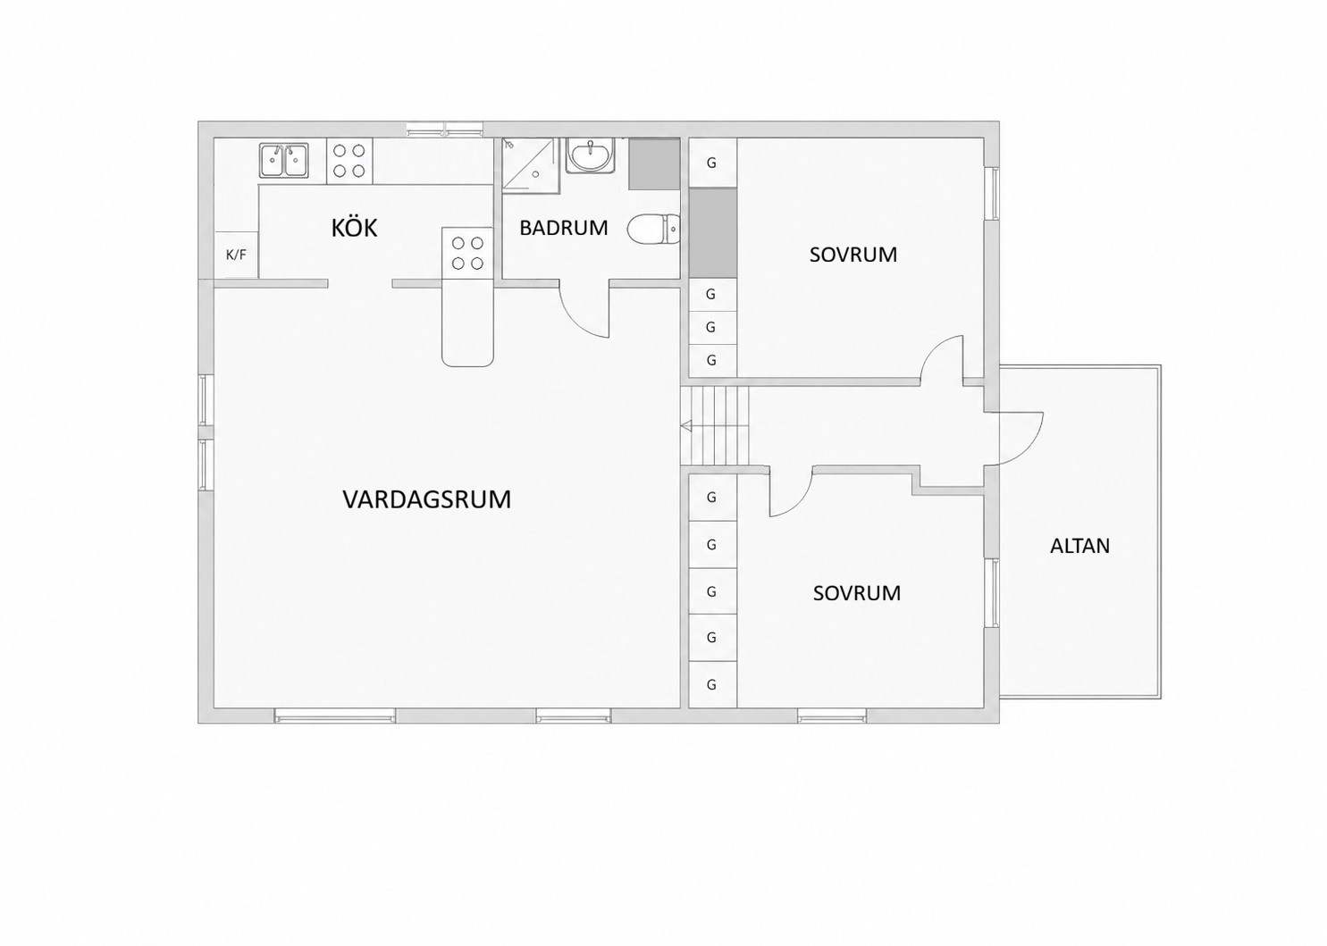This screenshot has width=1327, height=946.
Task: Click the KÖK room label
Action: click(354, 228)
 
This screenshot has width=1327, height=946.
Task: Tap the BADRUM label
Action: click(563, 228)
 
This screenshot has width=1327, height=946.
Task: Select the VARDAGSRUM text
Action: click(426, 499)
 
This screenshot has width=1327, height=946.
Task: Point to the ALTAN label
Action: click(1080, 546)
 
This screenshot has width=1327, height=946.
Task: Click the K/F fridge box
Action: click(236, 255)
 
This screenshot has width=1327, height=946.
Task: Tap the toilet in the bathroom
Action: click(654, 229)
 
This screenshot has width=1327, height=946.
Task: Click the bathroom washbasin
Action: click(589, 155)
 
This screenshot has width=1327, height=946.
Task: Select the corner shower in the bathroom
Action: click(530, 165)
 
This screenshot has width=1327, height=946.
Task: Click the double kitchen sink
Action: click(284, 160)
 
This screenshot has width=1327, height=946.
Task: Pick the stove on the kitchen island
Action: click(466, 253)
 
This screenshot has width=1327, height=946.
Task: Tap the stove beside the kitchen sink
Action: click(349, 161)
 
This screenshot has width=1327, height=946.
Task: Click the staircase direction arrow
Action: click(686, 426)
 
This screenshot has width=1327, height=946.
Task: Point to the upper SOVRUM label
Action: click(853, 255)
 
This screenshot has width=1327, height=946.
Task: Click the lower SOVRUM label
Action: click(857, 593)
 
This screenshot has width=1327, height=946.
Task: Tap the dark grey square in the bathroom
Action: click(654, 164)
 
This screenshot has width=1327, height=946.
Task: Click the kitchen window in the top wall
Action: click(445, 130)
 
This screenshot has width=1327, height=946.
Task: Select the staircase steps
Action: click(715, 426)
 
